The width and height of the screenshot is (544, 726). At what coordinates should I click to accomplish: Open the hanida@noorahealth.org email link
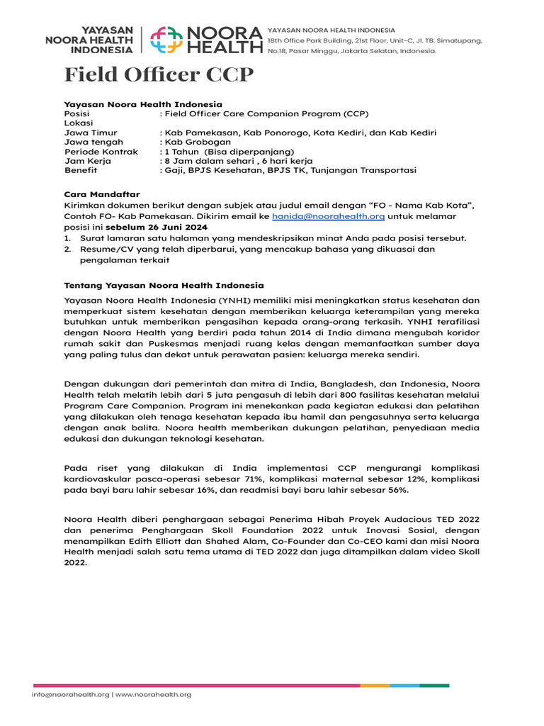[x=328, y=216]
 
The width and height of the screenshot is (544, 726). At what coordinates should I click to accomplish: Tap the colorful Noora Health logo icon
[x=166, y=40]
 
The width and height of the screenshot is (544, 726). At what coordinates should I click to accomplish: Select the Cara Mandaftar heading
[x=102, y=194]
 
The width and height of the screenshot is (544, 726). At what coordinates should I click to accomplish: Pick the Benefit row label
[x=80, y=171]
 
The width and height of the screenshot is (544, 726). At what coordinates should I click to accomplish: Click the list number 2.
[x=68, y=250]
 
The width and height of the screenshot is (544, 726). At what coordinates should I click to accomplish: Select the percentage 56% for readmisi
[x=397, y=490]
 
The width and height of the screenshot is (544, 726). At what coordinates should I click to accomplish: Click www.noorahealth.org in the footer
[x=154, y=694]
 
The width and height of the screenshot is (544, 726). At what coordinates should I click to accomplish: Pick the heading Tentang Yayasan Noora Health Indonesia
[x=164, y=285]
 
